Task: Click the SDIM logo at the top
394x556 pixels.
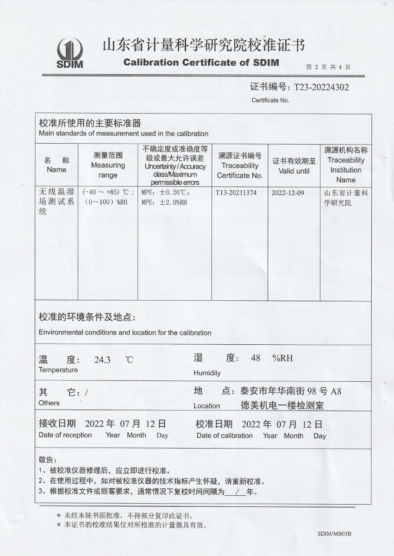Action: (x=70, y=53)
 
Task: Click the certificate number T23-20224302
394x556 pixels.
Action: (x=319, y=87)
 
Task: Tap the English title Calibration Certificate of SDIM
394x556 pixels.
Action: (x=201, y=63)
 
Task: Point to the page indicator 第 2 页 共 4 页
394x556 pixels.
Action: (x=328, y=67)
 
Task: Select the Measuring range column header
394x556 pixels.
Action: (x=108, y=165)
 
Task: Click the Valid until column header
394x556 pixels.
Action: (x=294, y=166)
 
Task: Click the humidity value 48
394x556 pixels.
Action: (x=256, y=358)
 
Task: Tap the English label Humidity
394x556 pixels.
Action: (x=207, y=373)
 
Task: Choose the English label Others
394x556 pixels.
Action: (x=49, y=403)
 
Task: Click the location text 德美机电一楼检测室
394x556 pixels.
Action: (x=282, y=405)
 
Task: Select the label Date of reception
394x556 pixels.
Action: (x=65, y=435)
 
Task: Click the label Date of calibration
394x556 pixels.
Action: (x=225, y=436)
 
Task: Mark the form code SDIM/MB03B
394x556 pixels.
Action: (x=334, y=534)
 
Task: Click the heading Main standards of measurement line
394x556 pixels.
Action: (x=124, y=134)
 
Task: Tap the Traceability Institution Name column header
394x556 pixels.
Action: (x=346, y=165)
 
